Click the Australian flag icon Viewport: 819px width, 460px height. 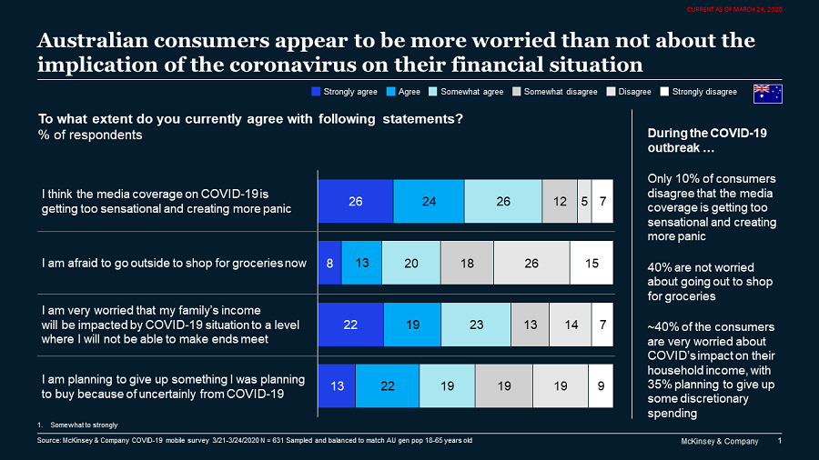pos(767,93)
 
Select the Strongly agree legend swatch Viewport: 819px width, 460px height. pos(316,92)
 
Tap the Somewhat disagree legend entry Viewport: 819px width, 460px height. pos(554,92)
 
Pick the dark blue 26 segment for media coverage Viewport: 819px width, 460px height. pos(356,201)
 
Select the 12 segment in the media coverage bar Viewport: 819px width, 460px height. pos(560,201)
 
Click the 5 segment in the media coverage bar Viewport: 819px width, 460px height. pos(584,201)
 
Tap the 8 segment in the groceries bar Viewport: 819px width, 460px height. pos(329,264)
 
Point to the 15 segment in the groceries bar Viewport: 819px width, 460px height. pos(591,264)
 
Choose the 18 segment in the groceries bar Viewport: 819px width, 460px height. pos(467,264)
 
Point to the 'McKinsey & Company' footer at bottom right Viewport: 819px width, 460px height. pos(719,441)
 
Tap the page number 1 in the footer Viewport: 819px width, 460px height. pos(781,441)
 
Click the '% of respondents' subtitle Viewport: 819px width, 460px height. pos(78,135)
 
